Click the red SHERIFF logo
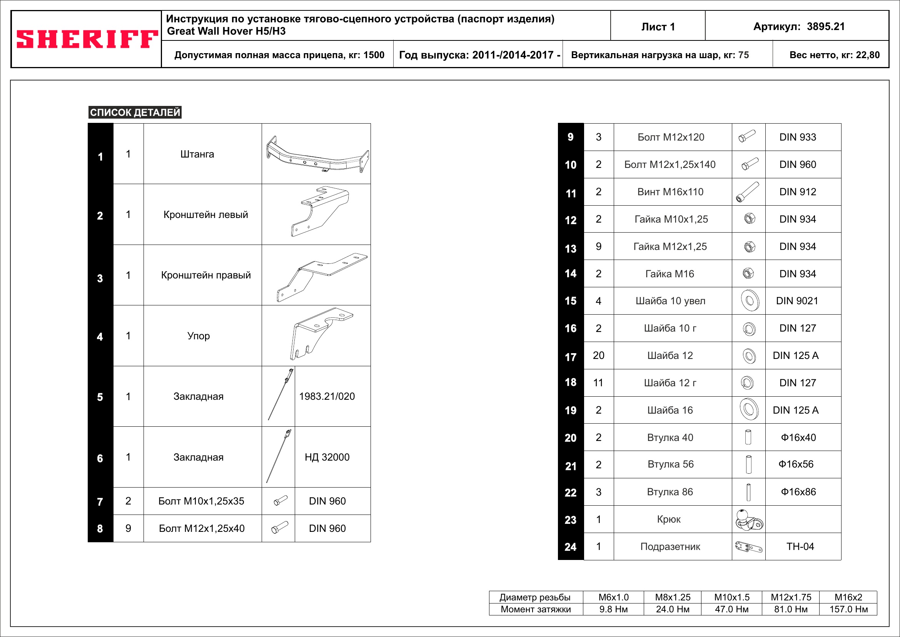(x=87, y=39)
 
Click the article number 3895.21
(x=825, y=27)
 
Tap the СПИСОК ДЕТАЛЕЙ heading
(x=135, y=112)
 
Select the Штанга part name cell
(x=197, y=154)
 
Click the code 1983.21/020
(x=327, y=396)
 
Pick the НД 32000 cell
(x=327, y=457)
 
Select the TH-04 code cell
(x=800, y=546)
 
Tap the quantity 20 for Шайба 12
(x=598, y=355)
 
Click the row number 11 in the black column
(x=571, y=193)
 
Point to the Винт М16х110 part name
(x=670, y=192)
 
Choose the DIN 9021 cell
(x=797, y=301)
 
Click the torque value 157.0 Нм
(x=849, y=609)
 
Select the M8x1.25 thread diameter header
(x=673, y=597)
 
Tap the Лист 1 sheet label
(x=658, y=27)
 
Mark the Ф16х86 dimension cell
(x=798, y=492)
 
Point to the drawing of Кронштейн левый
(x=318, y=212)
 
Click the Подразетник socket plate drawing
(x=748, y=547)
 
